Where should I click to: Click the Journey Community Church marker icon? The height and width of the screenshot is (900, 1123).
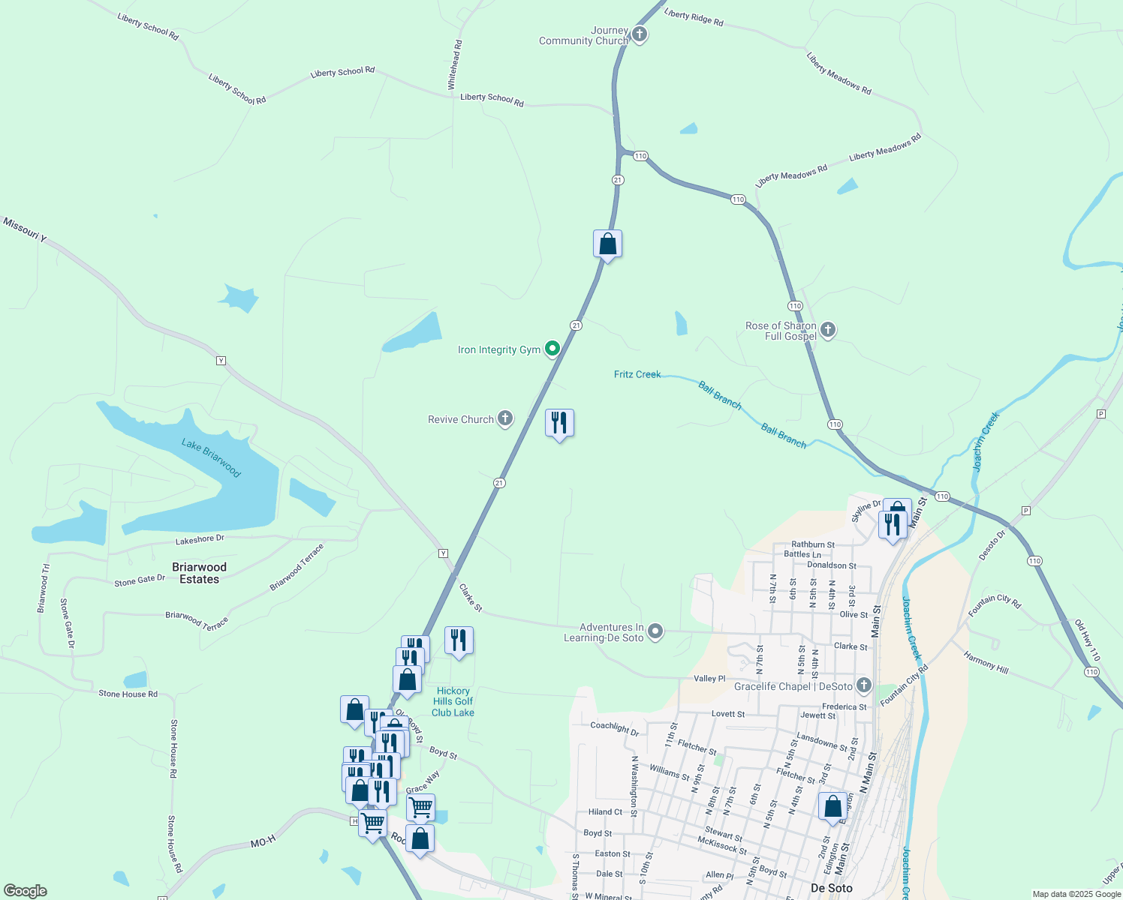(x=639, y=34)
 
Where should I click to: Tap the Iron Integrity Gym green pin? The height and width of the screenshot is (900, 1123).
(x=552, y=348)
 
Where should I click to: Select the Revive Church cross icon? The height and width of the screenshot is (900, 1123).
(x=505, y=418)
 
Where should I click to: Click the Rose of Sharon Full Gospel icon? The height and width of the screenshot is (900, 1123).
(x=828, y=329)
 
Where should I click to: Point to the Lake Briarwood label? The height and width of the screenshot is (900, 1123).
(x=211, y=457)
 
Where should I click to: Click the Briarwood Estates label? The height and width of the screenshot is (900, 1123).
(x=199, y=573)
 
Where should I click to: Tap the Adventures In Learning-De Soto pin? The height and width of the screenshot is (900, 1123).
(x=655, y=631)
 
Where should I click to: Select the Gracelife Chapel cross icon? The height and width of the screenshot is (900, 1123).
(x=864, y=685)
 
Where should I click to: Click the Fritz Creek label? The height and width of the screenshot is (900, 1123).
(x=637, y=374)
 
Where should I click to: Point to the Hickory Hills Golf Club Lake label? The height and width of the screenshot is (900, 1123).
(x=453, y=702)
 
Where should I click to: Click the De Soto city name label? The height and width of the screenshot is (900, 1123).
(x=832, y=888)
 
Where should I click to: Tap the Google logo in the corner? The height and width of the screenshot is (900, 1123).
(x=26, y=890)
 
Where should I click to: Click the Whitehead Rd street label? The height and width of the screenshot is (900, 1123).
(x=455, y=65)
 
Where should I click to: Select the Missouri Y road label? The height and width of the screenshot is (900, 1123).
(x=25, y=229)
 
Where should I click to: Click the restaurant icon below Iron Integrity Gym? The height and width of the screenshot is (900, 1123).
(x=559, y=423)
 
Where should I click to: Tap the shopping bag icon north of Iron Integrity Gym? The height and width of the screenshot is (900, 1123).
(x=607, y=244)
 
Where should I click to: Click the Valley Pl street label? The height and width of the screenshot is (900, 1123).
(x=709, y=679)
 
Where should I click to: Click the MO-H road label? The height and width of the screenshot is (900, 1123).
(x=263, y=843)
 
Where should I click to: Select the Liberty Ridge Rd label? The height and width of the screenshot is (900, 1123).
(x=694, y=18)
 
